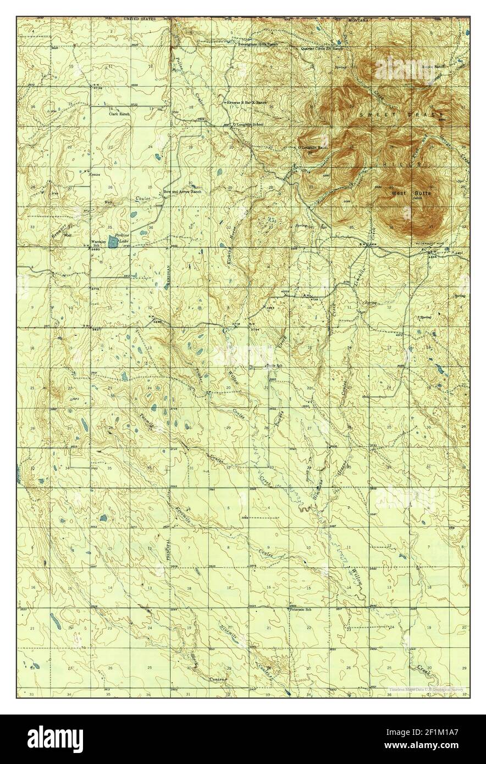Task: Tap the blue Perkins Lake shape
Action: pos(113,241)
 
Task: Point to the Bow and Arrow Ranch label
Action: pos(183,191)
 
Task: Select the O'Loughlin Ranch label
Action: pos(313,147)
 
